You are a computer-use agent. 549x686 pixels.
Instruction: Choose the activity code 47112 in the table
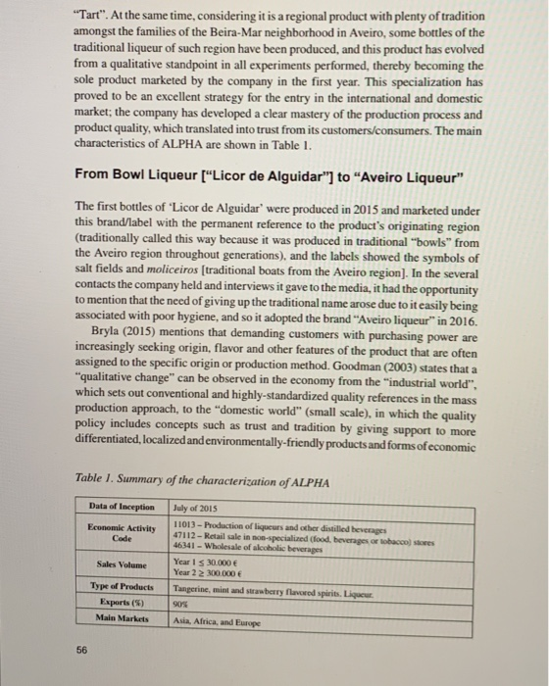183,533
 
